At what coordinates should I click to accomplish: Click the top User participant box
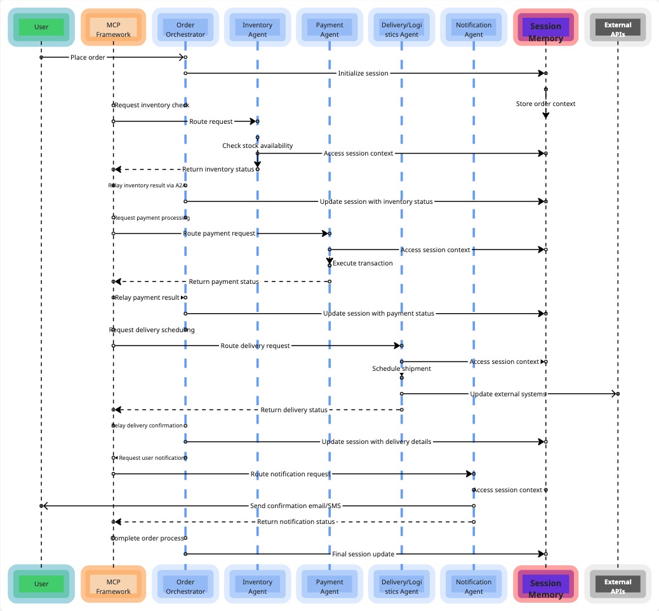(41, 27)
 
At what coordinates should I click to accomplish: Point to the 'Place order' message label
(88, 57)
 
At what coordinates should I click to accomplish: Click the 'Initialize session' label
(363, 73)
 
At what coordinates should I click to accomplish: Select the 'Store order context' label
(545, 104)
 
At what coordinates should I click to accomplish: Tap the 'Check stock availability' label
(257, 145)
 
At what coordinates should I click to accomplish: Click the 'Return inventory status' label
(218, 170)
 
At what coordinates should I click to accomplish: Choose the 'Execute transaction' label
(363, 263)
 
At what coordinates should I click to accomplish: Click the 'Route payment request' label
(219, 234)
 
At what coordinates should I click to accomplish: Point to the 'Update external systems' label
(508, 394)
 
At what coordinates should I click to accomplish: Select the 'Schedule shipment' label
(401, 368)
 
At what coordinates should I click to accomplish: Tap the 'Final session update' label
(363, 554)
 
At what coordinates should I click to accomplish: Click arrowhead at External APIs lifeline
(614, 394)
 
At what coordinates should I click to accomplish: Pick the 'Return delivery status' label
(294, 410)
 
